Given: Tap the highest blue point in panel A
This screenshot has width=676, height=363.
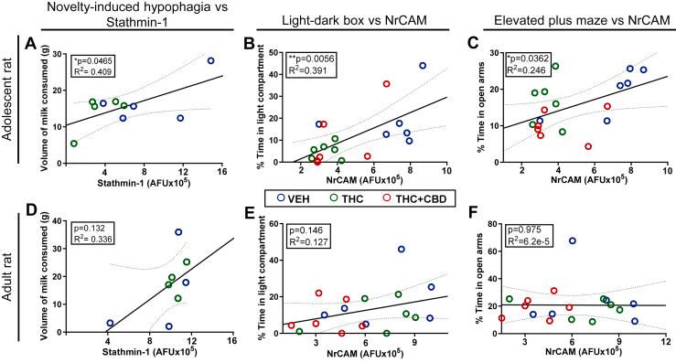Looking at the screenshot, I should click(210, 60).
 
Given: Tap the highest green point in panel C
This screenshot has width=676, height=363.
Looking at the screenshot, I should click(555, 67).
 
